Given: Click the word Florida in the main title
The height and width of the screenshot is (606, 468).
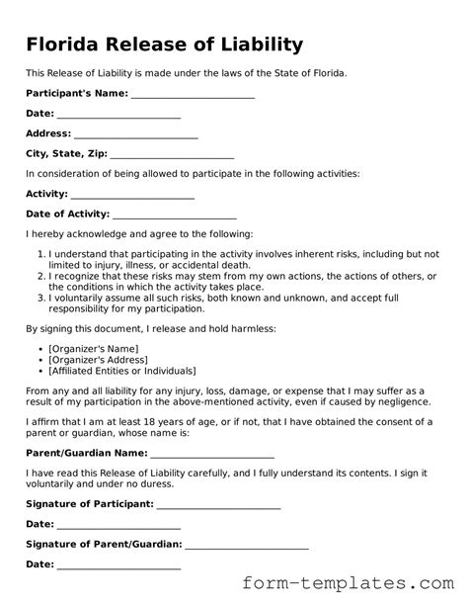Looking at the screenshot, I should (x=64, y=44).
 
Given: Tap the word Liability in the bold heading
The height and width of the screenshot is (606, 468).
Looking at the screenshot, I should (x=257, y=44).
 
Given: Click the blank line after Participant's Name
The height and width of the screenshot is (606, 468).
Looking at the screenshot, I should (x=193, y=94).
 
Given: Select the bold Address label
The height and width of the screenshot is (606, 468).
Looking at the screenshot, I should (x=47, y=133).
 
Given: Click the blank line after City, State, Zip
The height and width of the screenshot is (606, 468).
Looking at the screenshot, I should (x=172, y=154).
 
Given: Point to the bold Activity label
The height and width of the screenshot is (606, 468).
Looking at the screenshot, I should (x=46, y=194).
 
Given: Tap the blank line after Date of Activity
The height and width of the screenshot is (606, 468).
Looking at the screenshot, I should (x=175, y=215).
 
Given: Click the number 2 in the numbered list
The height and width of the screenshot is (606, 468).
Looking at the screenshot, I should (x=40, y=276).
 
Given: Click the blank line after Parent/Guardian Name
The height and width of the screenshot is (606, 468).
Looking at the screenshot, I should (x=212, y=454).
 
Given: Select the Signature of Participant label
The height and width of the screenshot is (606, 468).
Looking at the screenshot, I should (x=89, y=504).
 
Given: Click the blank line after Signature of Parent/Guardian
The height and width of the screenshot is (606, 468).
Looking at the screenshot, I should (x=247, y=545).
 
